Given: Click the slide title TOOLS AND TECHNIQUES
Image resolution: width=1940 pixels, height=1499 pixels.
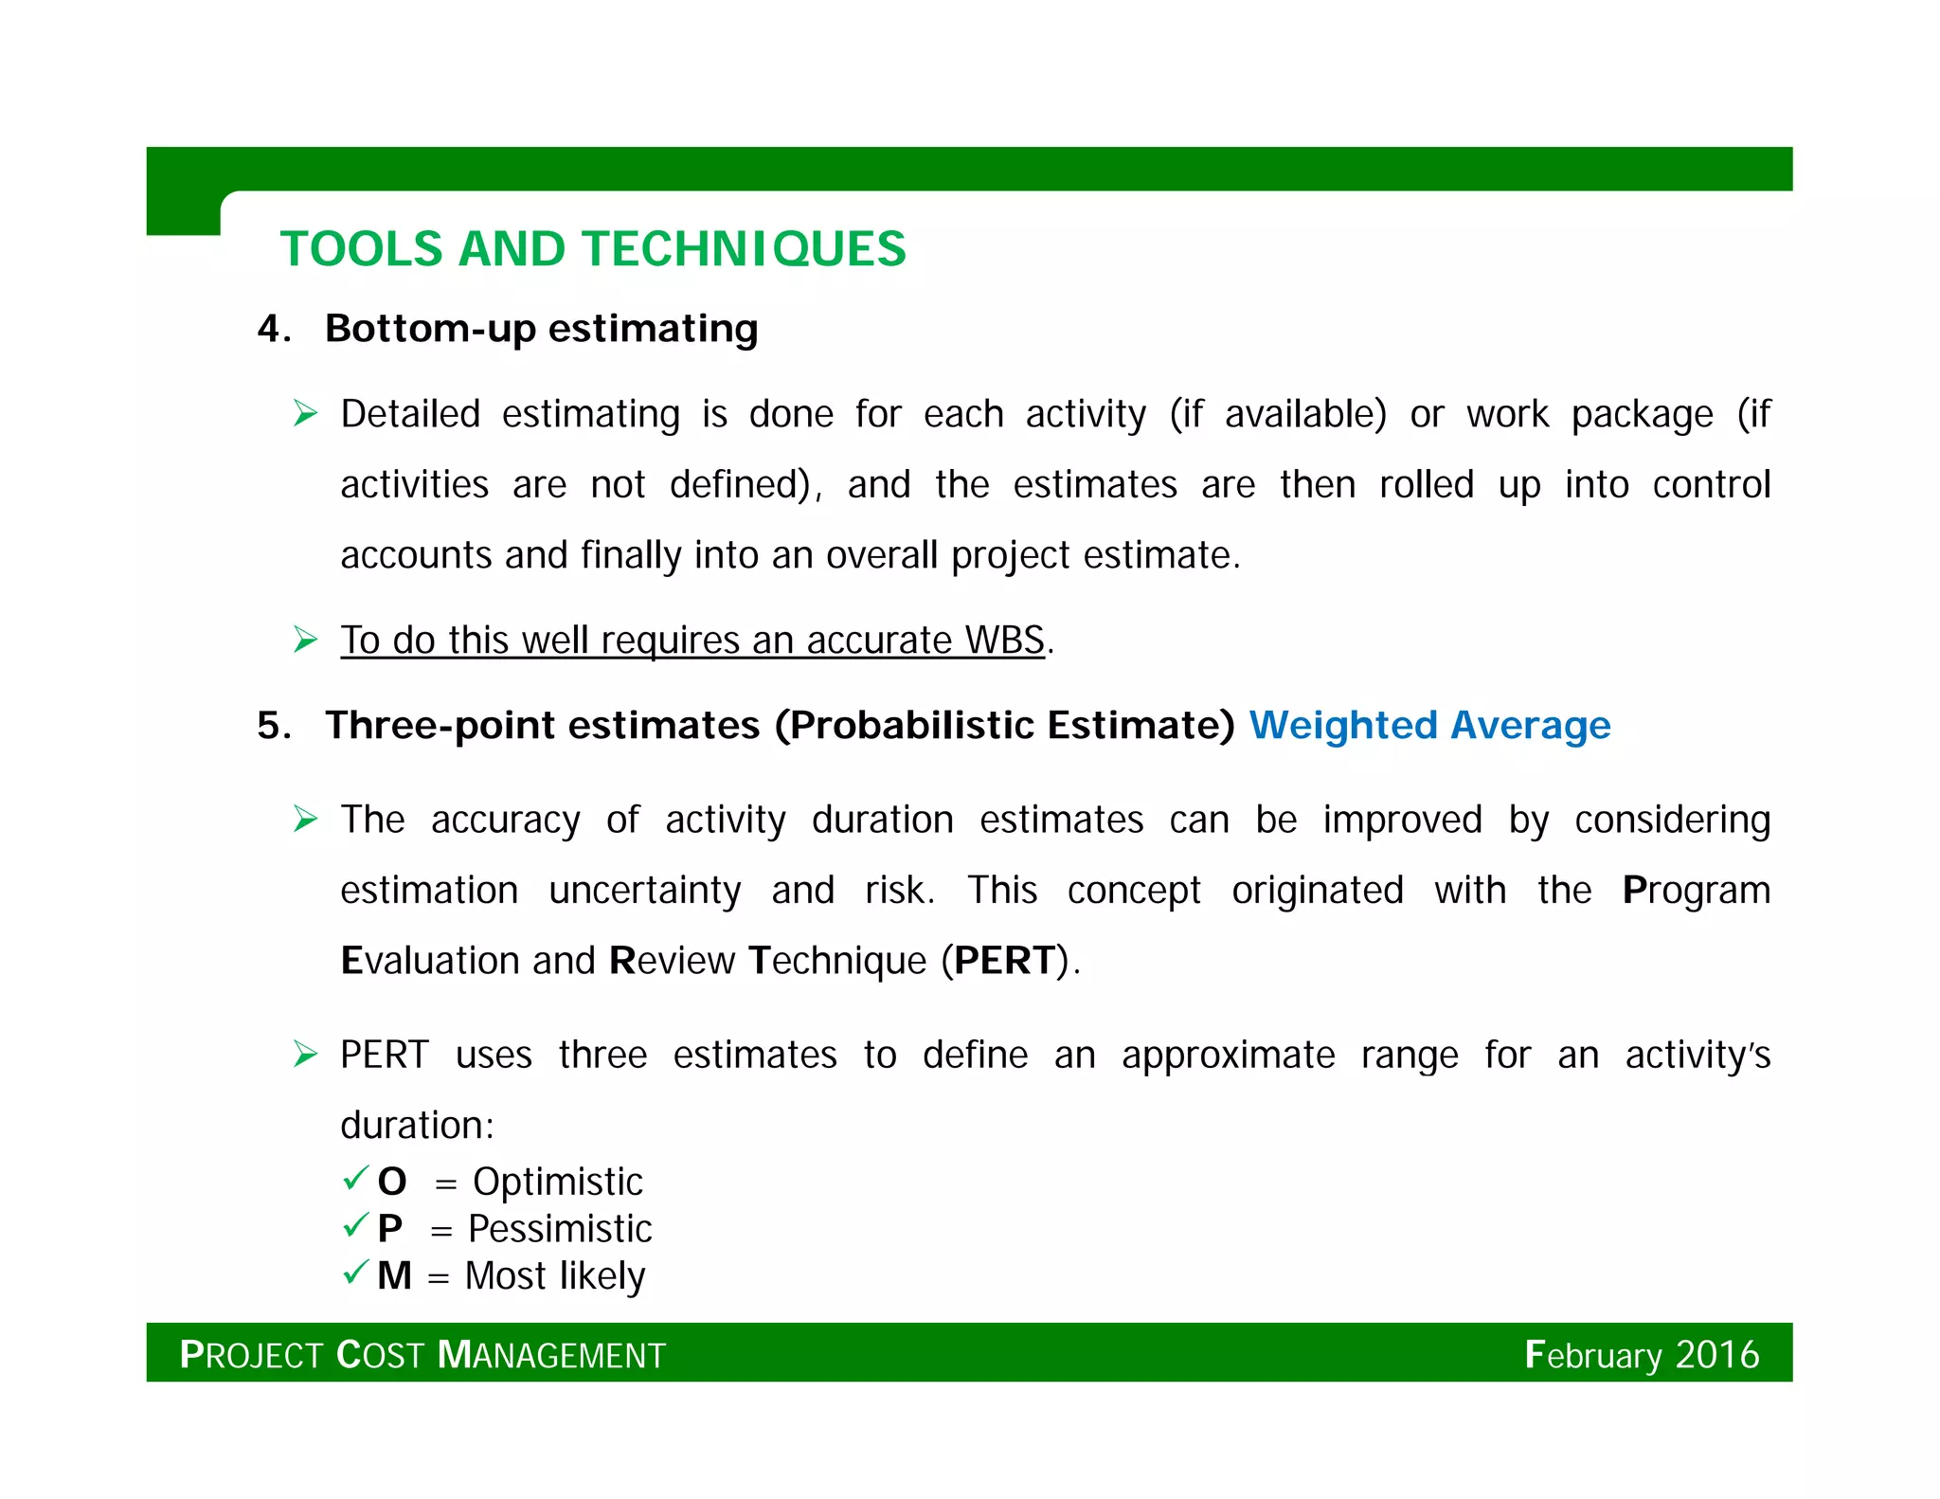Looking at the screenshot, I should [x=593, y=249].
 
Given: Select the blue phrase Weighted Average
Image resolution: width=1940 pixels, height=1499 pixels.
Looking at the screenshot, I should [x=1429, y=725].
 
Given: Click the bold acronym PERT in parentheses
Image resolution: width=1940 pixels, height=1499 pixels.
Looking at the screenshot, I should [x=1005, y=960].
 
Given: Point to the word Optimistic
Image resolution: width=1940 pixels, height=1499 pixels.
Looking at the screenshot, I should [x=558, y=1182].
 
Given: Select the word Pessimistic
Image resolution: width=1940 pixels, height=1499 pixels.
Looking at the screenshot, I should [x=560, y=1229].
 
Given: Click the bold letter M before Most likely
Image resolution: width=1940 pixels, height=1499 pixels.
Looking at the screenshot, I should [x=394, y=1275].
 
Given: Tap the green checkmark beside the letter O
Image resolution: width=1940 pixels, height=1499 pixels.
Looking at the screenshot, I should [x=355, y=1179].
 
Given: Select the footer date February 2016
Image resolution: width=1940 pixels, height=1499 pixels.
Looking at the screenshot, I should [x=1641, y=1354].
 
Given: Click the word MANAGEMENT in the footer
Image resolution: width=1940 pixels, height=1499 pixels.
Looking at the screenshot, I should [x=551, y=1355].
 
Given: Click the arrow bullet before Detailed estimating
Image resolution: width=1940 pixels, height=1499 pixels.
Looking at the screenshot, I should [x=305, y=413].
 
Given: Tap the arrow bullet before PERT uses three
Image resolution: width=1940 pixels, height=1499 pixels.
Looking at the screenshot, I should [x=305, y=1054].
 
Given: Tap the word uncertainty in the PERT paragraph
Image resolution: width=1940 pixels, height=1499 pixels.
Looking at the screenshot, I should [x=644, y=890].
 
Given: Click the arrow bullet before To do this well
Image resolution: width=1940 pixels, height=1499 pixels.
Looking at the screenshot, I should [x=305, y=640].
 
